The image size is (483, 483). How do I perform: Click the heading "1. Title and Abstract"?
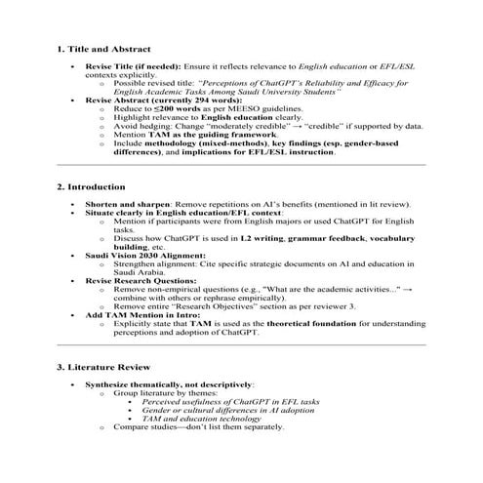103,48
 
